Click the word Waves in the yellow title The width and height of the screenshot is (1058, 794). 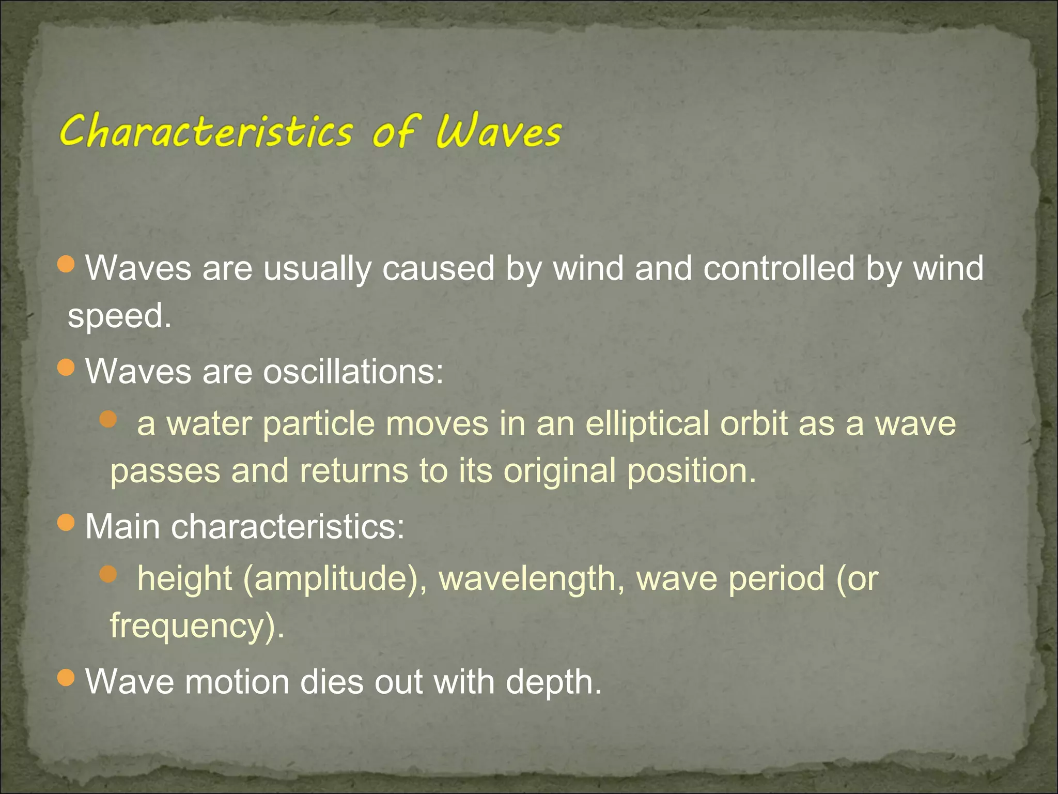point(498,131)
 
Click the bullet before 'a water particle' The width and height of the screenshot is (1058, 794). point(108,419)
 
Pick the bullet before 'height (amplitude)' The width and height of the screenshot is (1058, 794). point(108,574)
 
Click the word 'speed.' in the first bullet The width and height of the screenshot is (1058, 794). point(119,316)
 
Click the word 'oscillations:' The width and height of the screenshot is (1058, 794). point(353,372)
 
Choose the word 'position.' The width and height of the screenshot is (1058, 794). point(692,471)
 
